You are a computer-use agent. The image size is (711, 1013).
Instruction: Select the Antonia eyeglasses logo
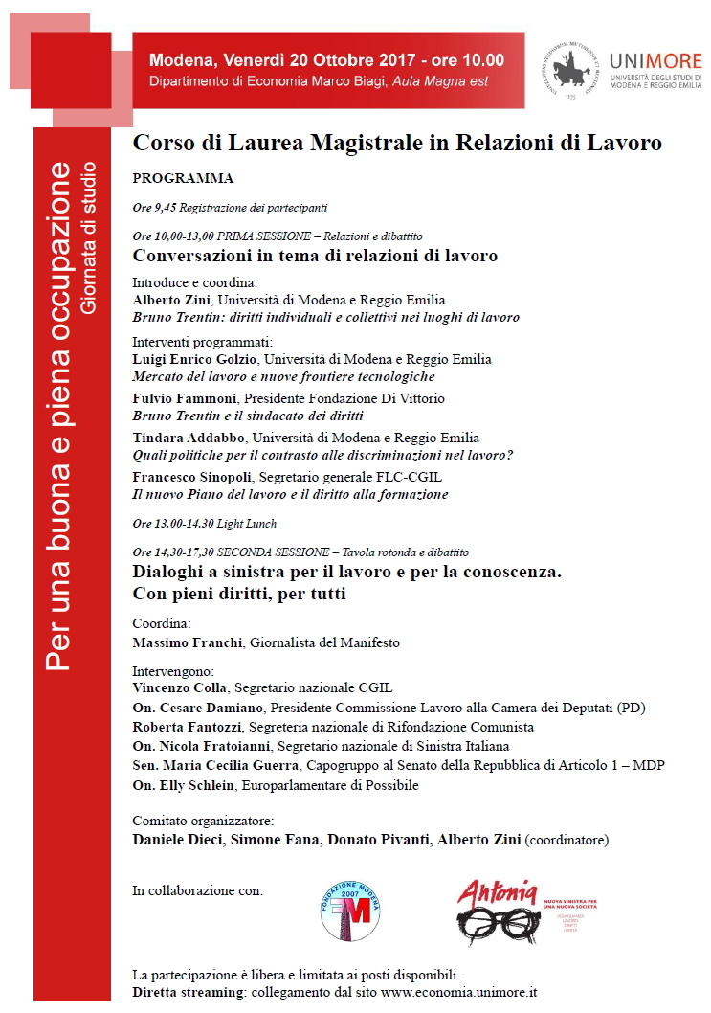(497, 912)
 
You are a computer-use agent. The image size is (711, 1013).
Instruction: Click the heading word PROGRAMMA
(183, 178)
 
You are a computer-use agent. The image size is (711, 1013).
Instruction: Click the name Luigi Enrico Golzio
(195, 359)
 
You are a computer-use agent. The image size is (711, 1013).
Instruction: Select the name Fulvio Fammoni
(186, 398)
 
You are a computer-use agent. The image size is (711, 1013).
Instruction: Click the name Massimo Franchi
(189, 642)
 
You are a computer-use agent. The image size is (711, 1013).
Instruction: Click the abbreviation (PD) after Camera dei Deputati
(632, 708)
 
